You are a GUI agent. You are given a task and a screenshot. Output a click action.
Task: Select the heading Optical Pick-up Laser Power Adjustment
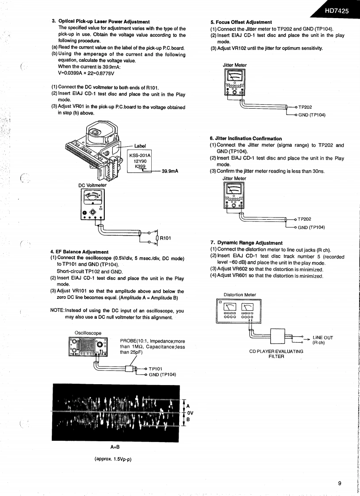point(104,22)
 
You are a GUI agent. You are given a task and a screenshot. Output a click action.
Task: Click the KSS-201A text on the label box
point(140,155)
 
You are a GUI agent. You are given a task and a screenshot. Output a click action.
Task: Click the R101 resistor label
point(166,239)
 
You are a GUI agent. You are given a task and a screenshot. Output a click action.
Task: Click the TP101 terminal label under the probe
point(156,369)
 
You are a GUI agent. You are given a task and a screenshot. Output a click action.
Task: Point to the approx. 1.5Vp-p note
point(114,458)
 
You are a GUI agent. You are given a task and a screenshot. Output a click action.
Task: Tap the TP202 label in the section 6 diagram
point(305,219)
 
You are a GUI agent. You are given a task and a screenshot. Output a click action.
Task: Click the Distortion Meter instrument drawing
point(239,311)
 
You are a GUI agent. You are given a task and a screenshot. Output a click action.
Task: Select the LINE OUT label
point(322,338)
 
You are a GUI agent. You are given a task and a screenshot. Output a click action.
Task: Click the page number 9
point(339,483)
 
